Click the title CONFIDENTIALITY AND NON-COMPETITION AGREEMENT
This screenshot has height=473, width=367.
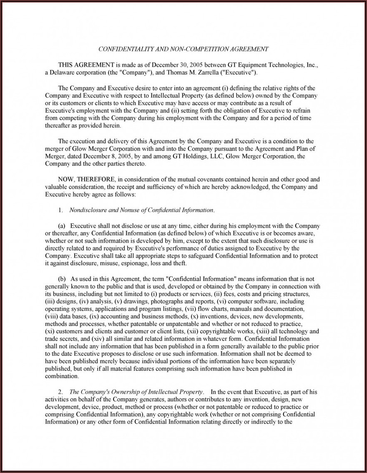click(183, 49)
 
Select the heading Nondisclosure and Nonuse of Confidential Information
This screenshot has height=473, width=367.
click(142, 210)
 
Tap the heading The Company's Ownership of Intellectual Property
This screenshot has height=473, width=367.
click(136, 392)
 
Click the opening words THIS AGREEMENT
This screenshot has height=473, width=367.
click(85, 65)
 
